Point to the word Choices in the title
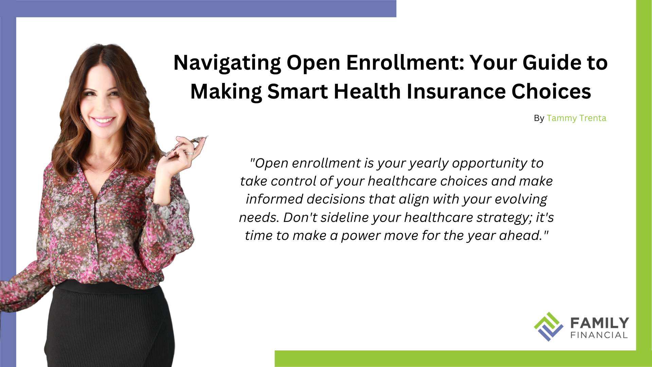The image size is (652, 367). [x=551, y=92]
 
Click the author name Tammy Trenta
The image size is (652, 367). [x=576, y=118]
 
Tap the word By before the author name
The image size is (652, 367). [x=539, y=118]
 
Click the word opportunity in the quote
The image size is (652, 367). [x=489, y=163]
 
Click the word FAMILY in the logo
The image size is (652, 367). [x=599, y=323]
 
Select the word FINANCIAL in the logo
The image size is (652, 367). [x=599, y=335]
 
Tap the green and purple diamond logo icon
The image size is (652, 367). [x=548, y=327]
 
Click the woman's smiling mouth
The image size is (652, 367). [x=103, y=121]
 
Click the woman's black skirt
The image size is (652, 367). [x=109, y=326]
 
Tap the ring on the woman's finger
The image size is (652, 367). [x=190, y=153]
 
